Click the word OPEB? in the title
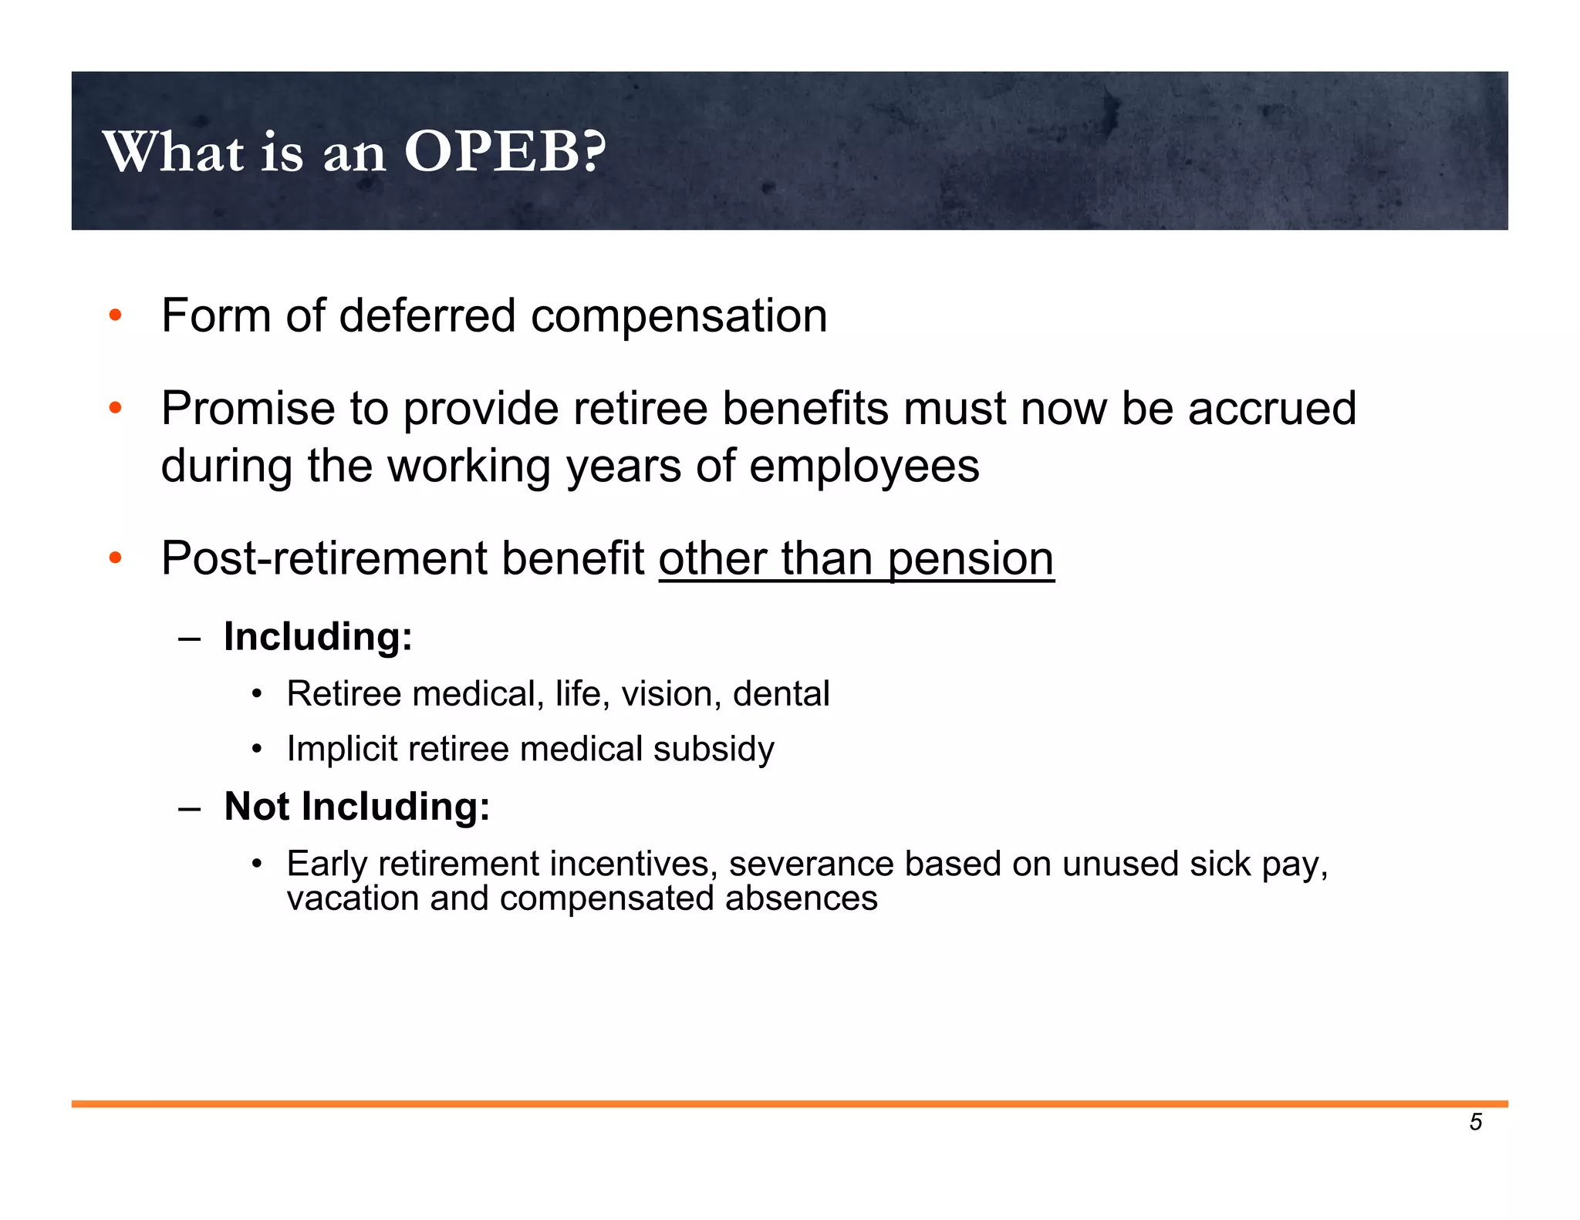505,151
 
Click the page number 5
1475,1122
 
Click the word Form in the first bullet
216,316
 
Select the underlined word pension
971,559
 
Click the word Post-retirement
324,559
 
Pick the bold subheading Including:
318,638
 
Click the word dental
781,694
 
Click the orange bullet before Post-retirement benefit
116,558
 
